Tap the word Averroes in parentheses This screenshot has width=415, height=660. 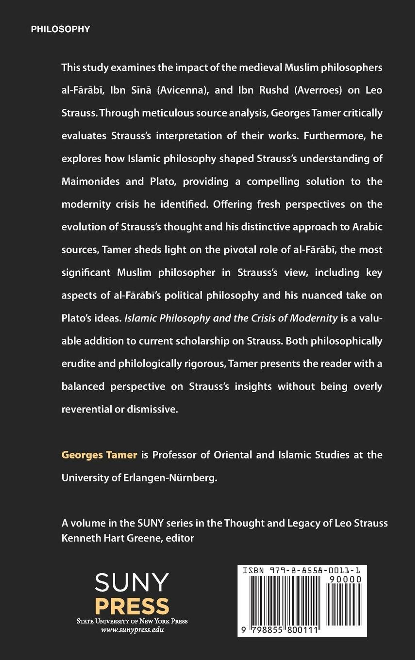click(x=318, y=90)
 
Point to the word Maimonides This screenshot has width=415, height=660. click(x=90, y=182)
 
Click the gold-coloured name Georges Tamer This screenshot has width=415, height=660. click(x=99, y=455)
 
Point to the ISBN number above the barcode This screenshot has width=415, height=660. click(x=302, y=571)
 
